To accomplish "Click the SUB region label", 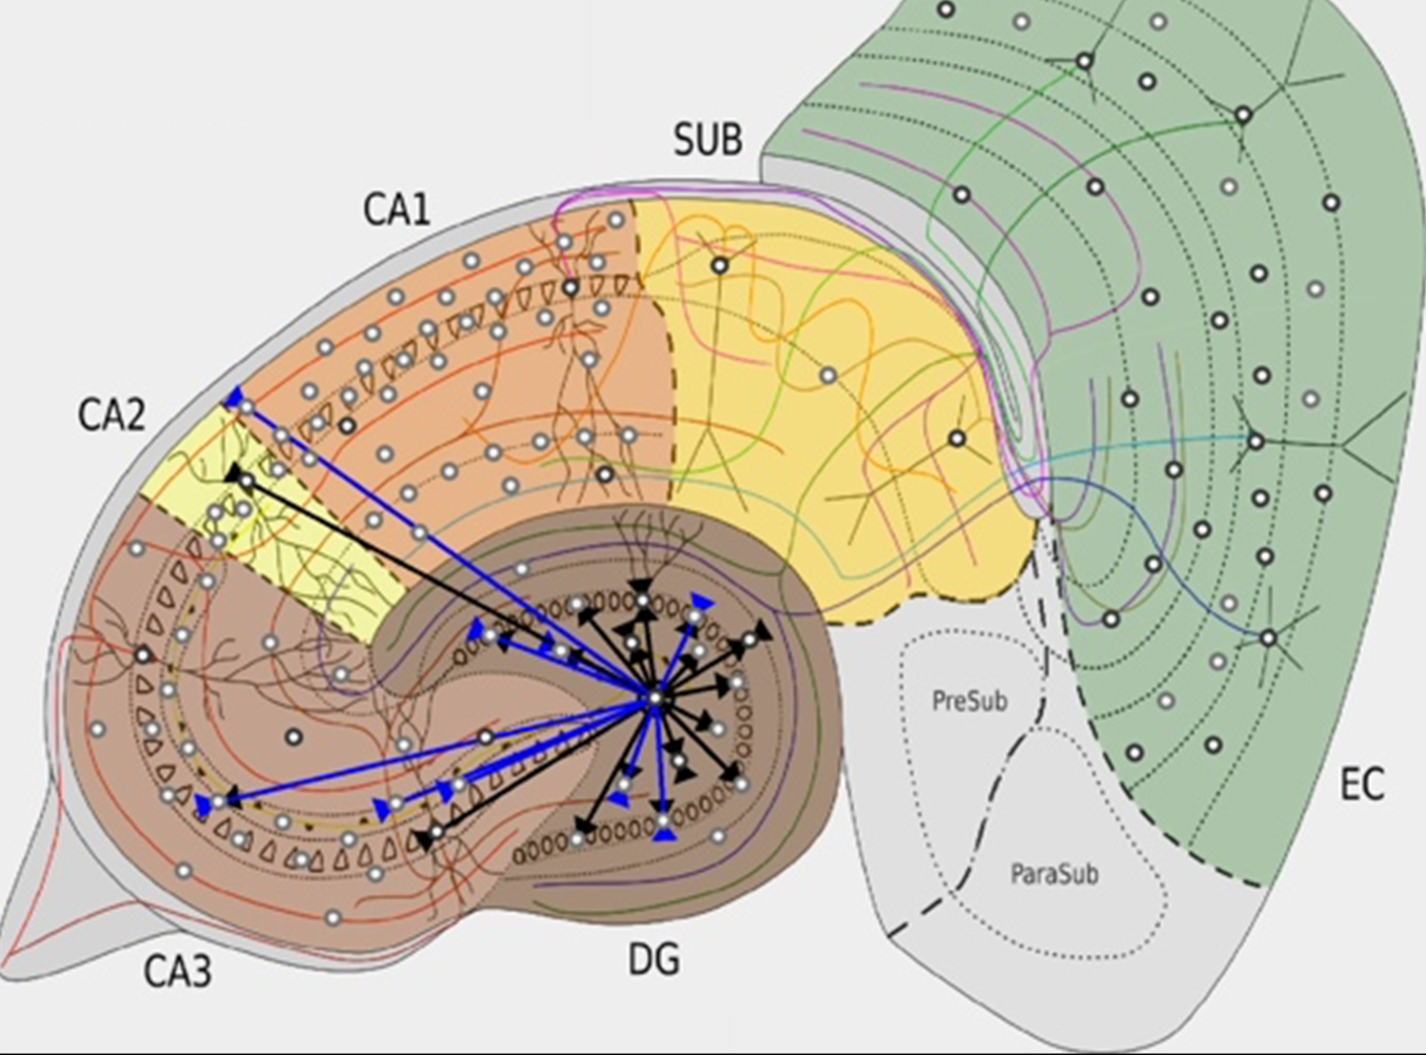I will pos(707,140).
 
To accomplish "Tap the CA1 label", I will pos(396,210).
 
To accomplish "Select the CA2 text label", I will pos(111,416).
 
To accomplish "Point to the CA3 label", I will pos(177,971).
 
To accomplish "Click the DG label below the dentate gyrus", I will pos(654,959).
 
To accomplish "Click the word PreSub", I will pos(969,700).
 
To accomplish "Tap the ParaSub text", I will pos(1054,873).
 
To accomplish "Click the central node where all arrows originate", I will pos(654,700).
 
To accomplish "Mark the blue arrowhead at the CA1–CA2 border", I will pos(233,397).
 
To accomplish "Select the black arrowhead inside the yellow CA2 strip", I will pos(233,473).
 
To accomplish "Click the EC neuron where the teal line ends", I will pos(1255,441).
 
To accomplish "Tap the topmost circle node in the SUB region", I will pos(720,266).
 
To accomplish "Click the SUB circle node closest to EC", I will pos(956,439).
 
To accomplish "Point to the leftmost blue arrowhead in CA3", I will pos(203,806).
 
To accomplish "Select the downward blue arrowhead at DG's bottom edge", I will pos(665,834).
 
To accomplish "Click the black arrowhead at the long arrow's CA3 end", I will pos(421,840).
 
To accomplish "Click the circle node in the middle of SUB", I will pos(828,376).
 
